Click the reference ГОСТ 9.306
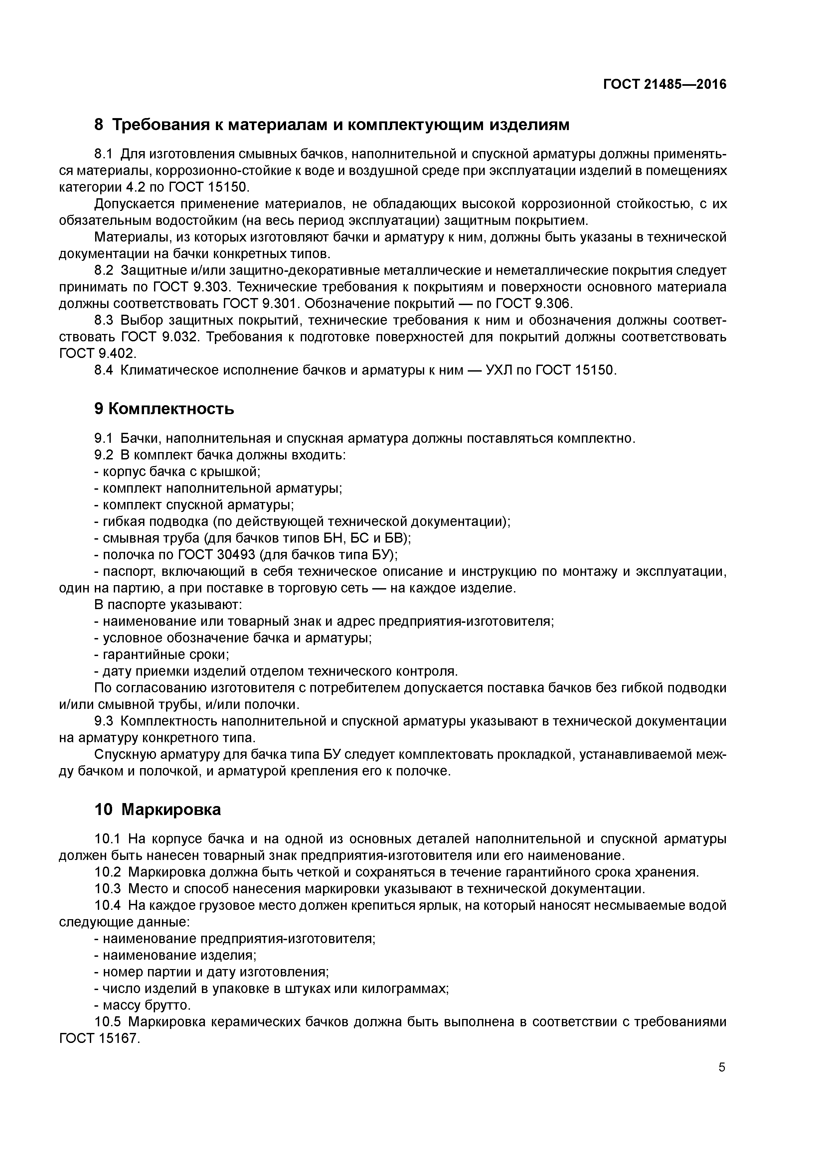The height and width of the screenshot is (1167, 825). coord(533,304)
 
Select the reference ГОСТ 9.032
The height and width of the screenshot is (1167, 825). coord(158,337)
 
